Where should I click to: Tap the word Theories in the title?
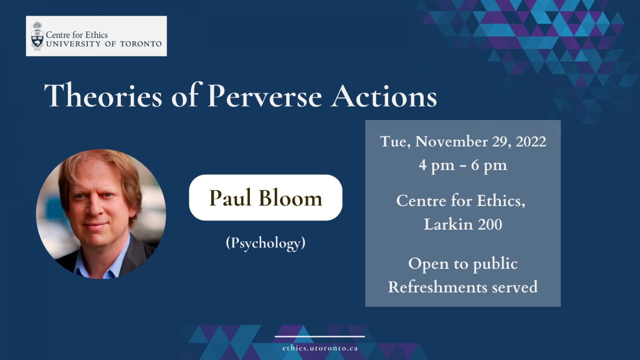(103, 95)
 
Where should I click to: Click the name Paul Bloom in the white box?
(265, 198)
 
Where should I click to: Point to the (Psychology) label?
(265, 243)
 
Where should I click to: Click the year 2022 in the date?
(531, 141)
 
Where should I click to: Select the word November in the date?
(451, 141)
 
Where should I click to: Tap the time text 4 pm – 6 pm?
(463, 165)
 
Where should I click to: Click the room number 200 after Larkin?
(490, 224)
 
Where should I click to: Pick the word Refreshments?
(437, 287)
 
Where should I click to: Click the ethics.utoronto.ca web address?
(320, 348)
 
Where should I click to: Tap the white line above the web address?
(320, 337)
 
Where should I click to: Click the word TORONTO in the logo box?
(140, 44)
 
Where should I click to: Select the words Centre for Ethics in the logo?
(77, 35)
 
